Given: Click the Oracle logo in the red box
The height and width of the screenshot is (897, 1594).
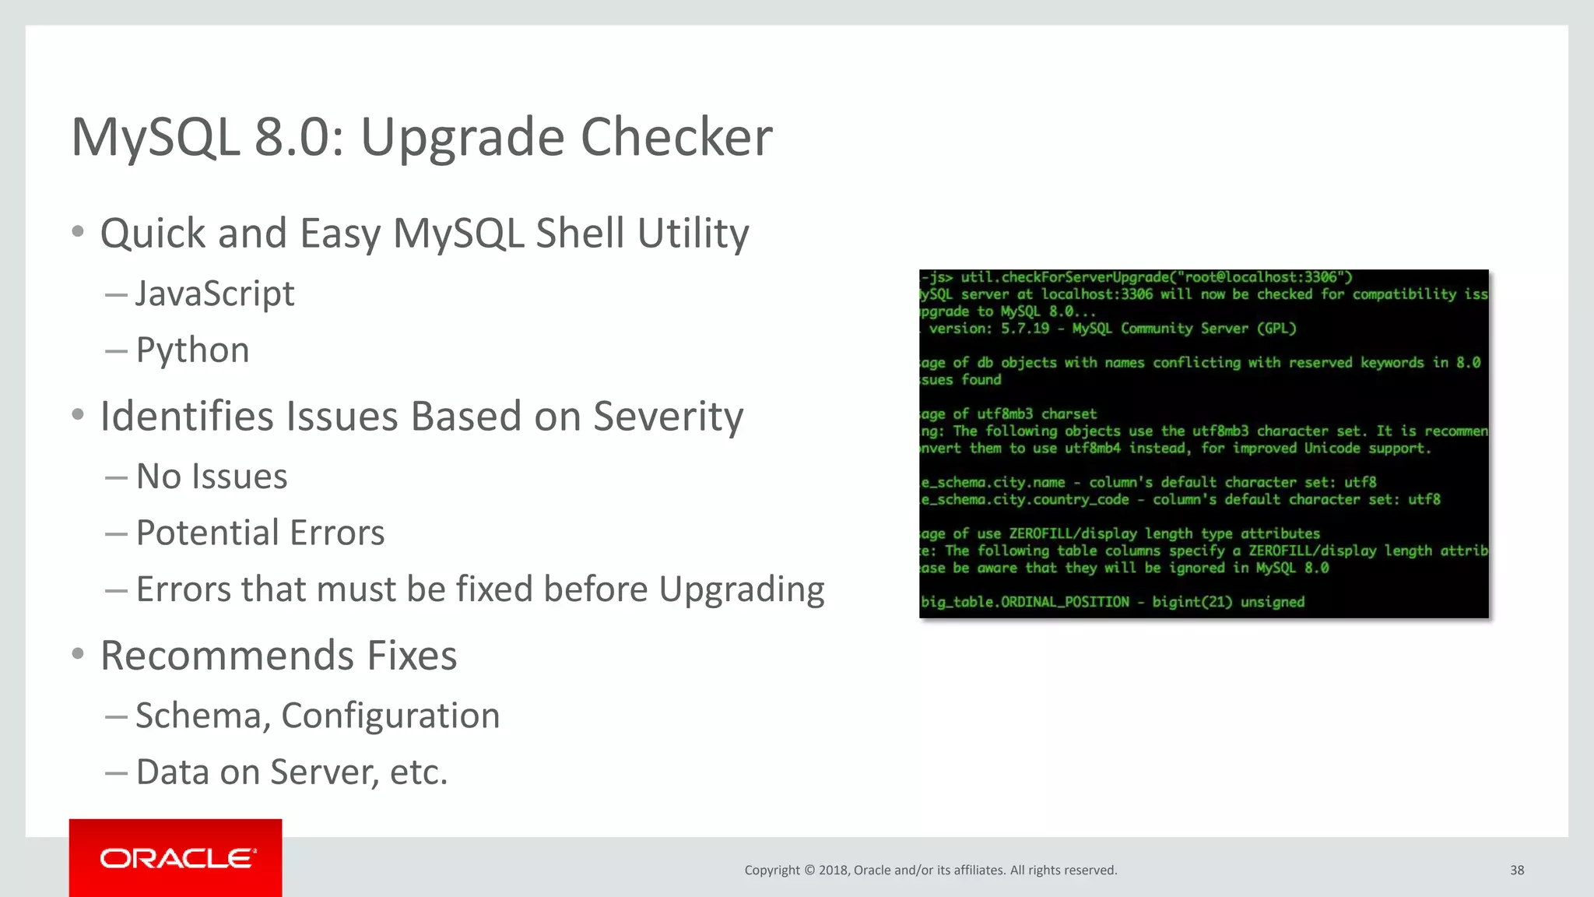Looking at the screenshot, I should (x=177, y=858).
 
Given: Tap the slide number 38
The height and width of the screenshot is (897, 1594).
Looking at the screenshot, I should (x=1517, y=870).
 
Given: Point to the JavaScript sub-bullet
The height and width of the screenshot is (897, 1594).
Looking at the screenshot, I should (x=215, y=294).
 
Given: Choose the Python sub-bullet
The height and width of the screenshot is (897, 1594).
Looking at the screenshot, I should (x=192, y=350).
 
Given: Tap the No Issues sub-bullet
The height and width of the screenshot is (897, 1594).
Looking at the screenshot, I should (x=212, y=477).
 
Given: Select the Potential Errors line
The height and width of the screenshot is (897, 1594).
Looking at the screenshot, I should (x=260, y=533).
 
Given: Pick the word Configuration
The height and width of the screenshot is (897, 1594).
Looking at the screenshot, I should (x=390, y=716).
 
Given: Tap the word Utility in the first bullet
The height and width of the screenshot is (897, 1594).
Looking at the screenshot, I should (x=693, y=234).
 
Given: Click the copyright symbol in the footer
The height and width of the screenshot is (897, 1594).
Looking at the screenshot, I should (x=809, y=871).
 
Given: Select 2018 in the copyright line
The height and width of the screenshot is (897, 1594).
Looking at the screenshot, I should (x=833, y=871).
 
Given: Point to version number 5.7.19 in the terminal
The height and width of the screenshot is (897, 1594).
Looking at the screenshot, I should (x=1025, y=329).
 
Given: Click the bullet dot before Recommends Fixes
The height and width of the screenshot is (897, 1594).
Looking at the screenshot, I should (x=77, y=654).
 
